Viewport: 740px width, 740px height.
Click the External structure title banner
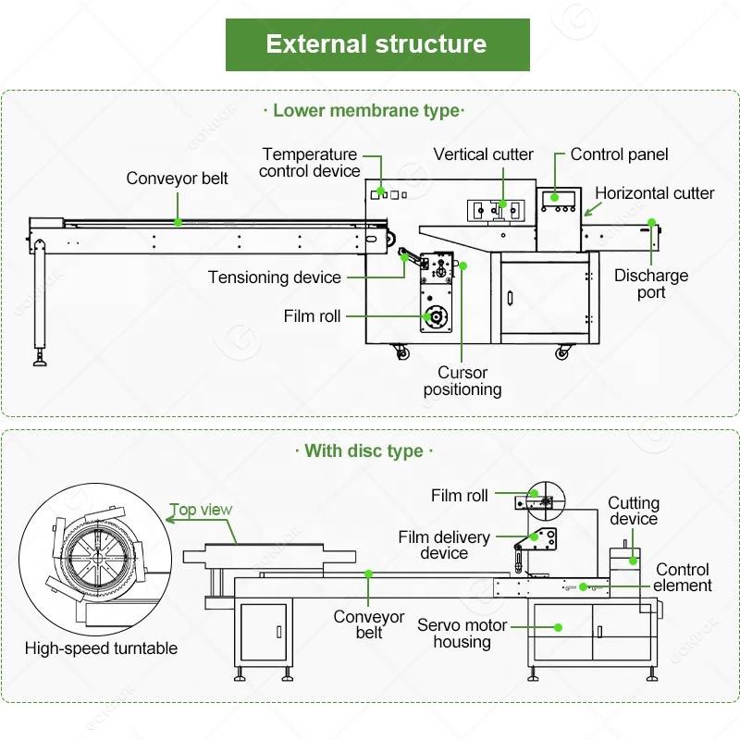pos(377,44)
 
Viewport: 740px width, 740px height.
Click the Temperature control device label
pos(310,163)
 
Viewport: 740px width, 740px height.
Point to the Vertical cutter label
pos(483,154)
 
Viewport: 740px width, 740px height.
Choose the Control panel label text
pos(619,154)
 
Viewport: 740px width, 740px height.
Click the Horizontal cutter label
pos(654,193)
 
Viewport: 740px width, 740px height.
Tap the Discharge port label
pos(651,284)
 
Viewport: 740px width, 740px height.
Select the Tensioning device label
pos(274,277)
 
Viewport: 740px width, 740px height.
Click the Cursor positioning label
pos(462,381)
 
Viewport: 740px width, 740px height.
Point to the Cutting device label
pos(634,511)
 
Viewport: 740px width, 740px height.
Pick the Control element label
pos(684,577)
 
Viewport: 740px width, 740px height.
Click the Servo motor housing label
pos(462,634)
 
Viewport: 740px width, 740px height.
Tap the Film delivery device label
pos(444,545)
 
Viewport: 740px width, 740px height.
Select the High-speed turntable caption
pos(101,648)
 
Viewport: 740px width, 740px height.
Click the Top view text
pos(201,510)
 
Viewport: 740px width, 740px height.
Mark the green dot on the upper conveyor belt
pos(178,222)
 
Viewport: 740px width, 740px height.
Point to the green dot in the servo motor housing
pos(559,626)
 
